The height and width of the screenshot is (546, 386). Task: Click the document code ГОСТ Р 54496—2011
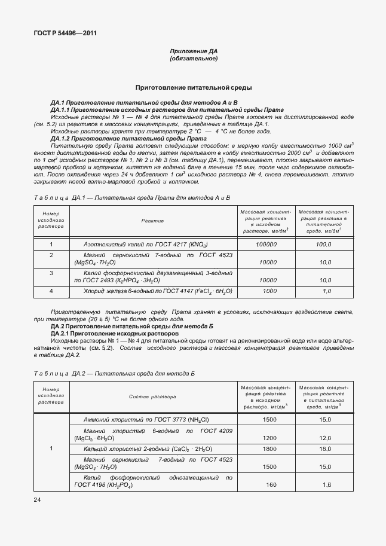click(62, 33)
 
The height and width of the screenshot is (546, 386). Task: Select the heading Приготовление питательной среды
click(193, 87)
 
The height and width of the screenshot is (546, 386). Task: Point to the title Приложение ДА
click(193, 52)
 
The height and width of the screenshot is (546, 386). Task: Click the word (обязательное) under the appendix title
click(193, 59)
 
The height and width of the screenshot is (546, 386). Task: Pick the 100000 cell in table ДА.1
click(265, 245)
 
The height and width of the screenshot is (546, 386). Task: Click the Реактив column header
click(152, 221)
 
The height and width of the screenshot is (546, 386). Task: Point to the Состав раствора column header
click(152, 396)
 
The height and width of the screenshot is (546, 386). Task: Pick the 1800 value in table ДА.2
click(269, 449)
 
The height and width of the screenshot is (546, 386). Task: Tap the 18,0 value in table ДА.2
click(325, 449)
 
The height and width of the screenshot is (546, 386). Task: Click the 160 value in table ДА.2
click(270, 484)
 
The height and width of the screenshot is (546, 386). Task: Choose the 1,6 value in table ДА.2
click(327, 484)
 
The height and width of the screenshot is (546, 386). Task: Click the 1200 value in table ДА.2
click(269, 438)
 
